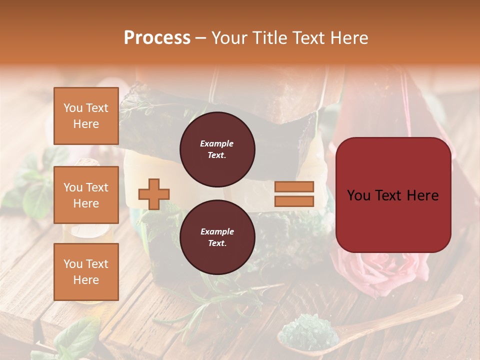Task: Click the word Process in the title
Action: (157, 38)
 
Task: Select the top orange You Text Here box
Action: (86, 116)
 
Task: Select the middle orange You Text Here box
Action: (86, 195)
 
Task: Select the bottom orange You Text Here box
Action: (86, 271)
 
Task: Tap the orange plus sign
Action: (154, 194)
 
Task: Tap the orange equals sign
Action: (294, 194)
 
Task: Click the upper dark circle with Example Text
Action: (217, 149)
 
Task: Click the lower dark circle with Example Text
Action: (217, 237)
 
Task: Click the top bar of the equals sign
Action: (294, 186)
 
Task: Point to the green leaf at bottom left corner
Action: (75, 340)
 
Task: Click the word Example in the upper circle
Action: (217, 143)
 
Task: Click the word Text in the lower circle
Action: (216, 243)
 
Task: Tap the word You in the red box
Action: (358, 195)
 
